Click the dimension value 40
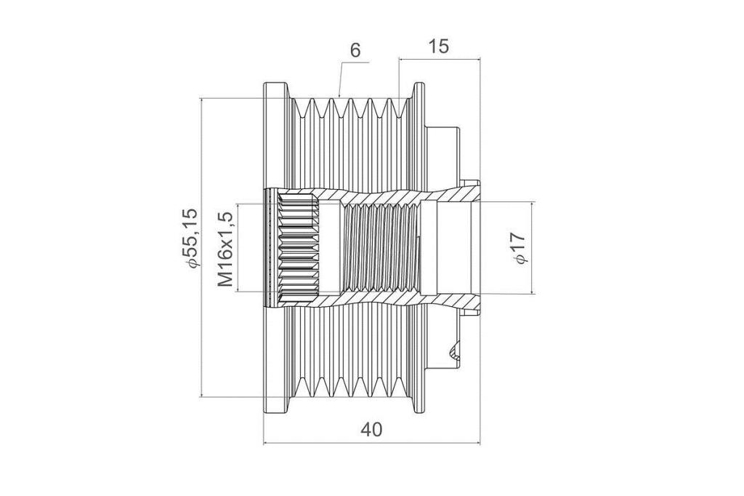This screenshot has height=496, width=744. (371, 430)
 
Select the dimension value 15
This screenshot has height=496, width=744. (438, 47)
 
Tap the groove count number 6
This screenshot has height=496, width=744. (355, 49)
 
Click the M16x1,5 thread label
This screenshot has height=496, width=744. (226, 249)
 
